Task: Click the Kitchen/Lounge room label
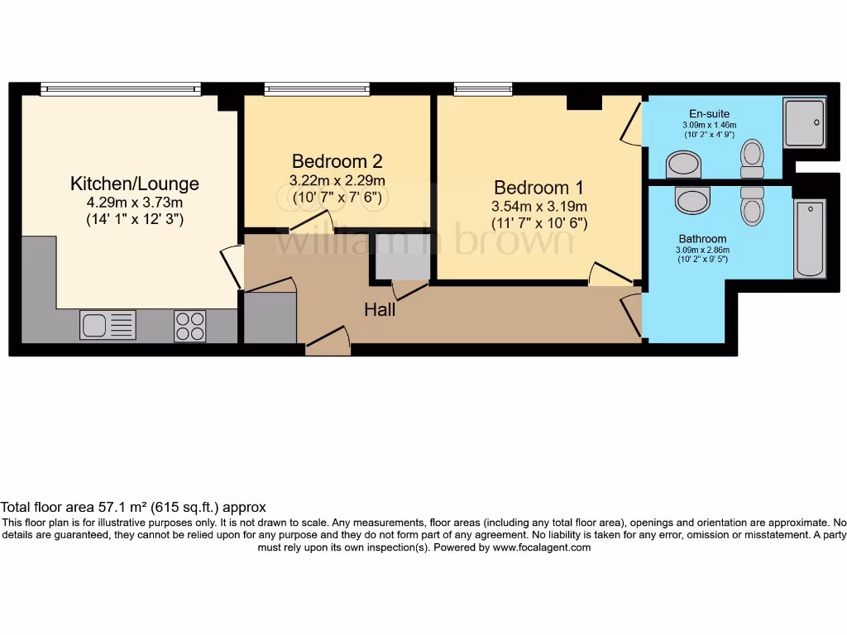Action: coord(134,183)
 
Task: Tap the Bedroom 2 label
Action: coord(337,160)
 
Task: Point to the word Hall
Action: coord(380,310)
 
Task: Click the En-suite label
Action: coord(710,113)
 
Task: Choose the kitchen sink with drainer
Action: coord(108,324)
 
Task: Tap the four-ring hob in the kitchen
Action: coord(190,325)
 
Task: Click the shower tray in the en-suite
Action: coord(804,123)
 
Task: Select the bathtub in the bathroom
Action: coord(809,238)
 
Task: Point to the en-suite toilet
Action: coord(752,158)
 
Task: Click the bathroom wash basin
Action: coord(692,200)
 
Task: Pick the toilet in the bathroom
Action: coord(752,205)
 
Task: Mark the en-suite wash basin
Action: coord(684,164)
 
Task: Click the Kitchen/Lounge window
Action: coord(121,88)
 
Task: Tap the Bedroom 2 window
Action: coord(317,88)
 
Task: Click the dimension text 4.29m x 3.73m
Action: coord(134,202)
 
